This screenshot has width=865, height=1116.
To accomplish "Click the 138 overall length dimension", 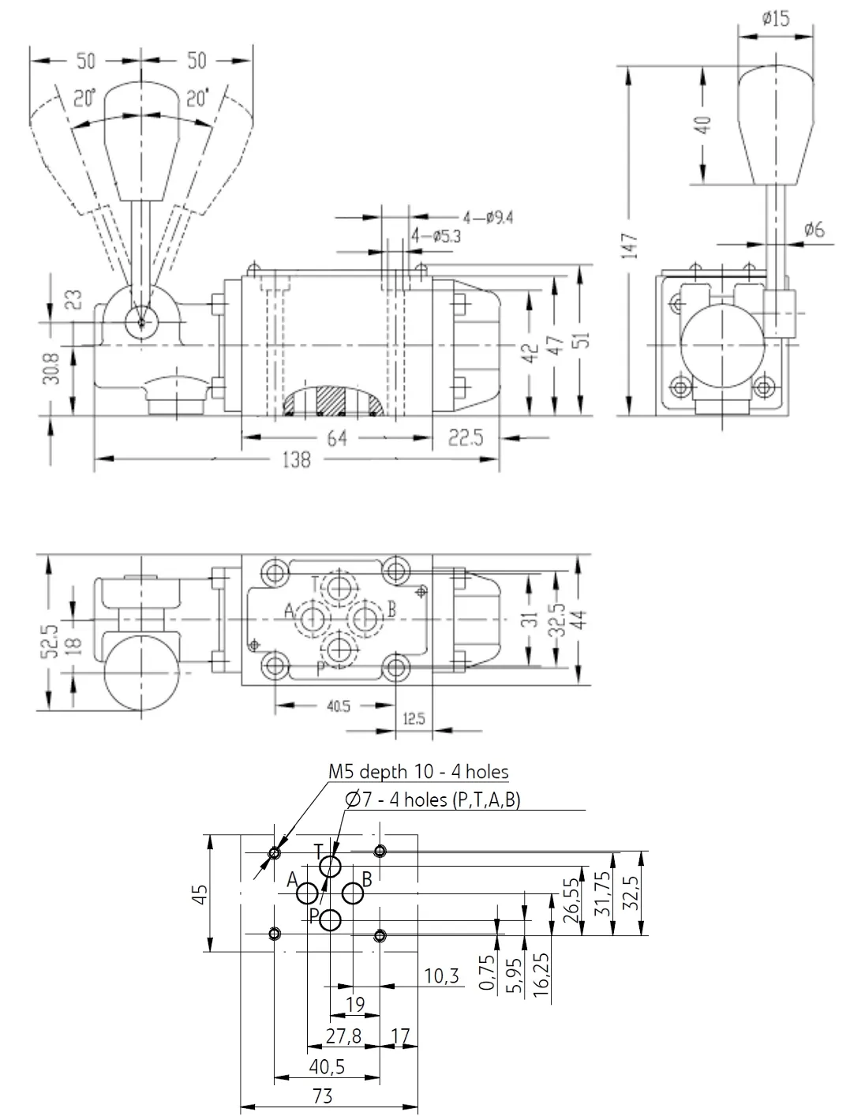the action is [x=297, y=459].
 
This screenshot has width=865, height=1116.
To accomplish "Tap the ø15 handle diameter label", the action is [x=776, y=19].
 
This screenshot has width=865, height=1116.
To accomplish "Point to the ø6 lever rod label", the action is [x=814, y=229].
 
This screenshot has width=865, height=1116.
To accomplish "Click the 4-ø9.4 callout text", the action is [x=488, y=218].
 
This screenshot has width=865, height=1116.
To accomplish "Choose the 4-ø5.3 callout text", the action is [x=436, y=236].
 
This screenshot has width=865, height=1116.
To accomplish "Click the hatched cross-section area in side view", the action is [x=330, y=401].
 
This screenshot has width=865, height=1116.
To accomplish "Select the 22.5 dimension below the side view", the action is [x=466, y=438].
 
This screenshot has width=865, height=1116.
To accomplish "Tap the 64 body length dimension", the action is [x=337, y=438].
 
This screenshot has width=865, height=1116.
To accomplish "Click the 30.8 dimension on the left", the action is [x=52, y=369].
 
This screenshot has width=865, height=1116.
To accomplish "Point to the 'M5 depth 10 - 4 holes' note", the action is [x=418, y=772].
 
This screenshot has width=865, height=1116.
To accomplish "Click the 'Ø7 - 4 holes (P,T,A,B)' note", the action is [x=432, y=800].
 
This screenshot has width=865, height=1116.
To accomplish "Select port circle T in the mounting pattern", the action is [x=330, y=867].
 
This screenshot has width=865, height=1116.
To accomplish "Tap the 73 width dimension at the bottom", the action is [x=322, y=1096].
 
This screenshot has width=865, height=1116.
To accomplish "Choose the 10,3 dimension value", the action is [x=441, y=976].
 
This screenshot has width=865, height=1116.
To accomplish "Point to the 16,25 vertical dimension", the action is [x=541, y=975].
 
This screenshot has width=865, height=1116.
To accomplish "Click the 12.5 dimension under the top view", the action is [x=414, y=718].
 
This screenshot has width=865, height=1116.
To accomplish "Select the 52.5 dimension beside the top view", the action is [x=49, y=642].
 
